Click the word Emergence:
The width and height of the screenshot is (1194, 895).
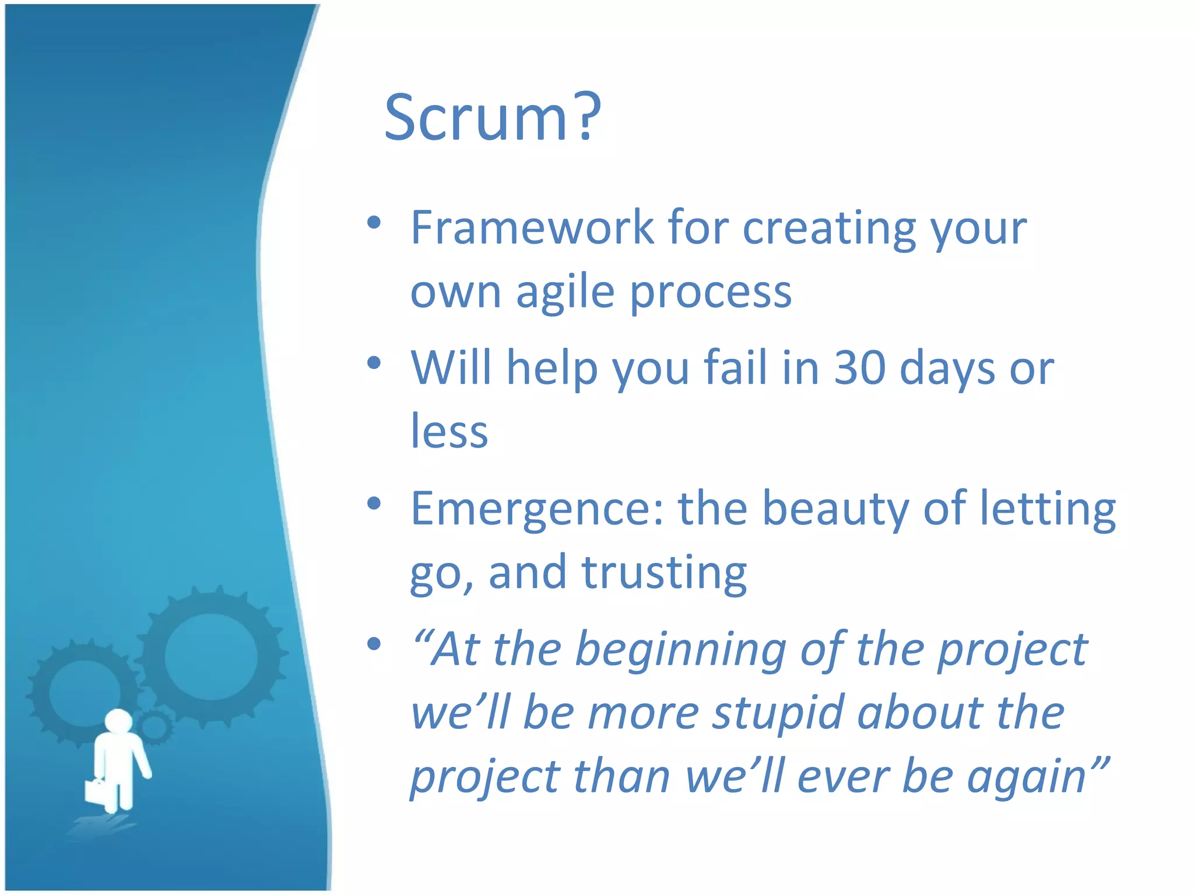point(536,509)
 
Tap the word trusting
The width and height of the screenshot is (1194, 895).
point(664,573)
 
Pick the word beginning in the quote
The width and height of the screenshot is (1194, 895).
point(680,650)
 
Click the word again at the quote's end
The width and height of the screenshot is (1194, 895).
point(1026,777)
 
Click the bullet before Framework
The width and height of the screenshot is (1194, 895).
point(374,223)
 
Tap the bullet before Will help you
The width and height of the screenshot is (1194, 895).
point(374,363)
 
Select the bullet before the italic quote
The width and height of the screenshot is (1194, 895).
point(374,644)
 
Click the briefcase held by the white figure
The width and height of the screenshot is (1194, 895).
point(95,791)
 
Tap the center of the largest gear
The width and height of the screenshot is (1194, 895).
point(211,657)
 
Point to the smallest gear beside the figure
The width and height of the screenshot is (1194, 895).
point(154,727)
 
